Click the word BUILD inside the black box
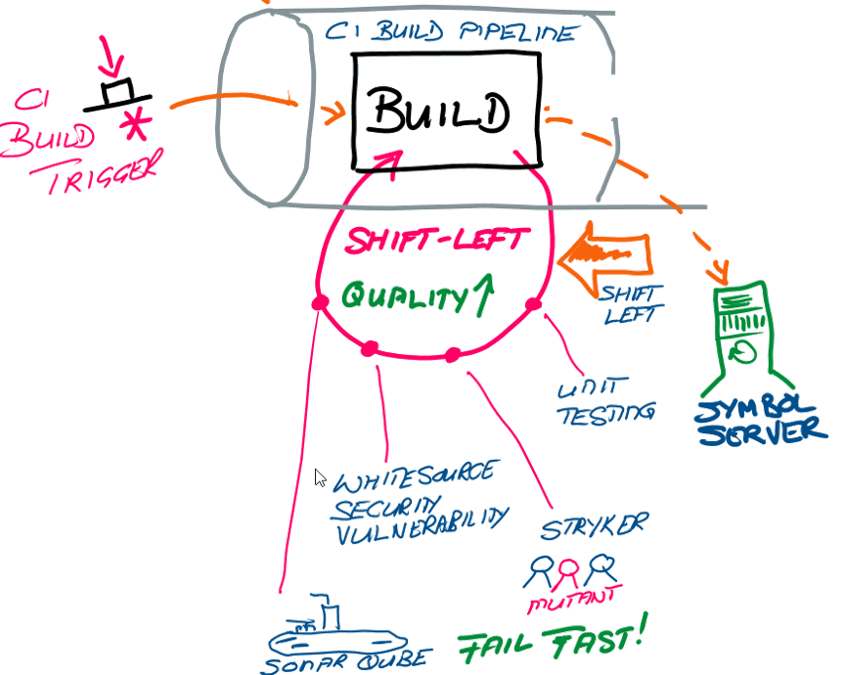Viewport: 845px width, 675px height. (x=439, y=113)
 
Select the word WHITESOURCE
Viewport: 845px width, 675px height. (x=412, y=476)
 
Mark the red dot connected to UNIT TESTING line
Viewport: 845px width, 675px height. (x=533, y=305)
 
